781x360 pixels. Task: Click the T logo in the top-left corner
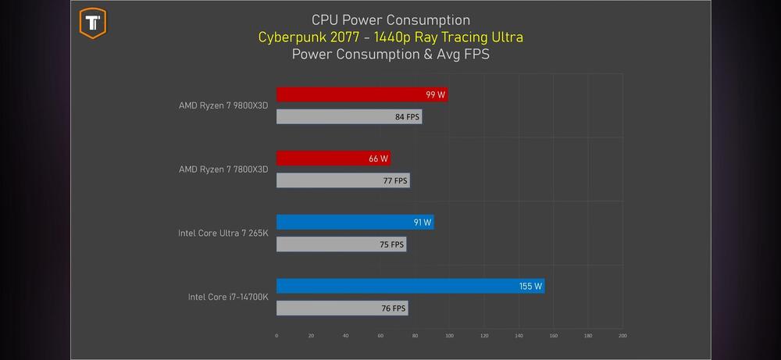click(x=93, y=23)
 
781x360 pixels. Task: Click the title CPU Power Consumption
click(x=390, y=20)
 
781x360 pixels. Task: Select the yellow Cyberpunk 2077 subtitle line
click(x=390, y=37)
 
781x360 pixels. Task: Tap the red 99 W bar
click(x=362, y=94)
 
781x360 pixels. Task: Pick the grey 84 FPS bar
click(x=348, y=117)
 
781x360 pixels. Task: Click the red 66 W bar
click(x=333, y=159)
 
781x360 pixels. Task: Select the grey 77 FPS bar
click(x=342, y=180)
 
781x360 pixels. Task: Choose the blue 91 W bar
click(x=355, y=223)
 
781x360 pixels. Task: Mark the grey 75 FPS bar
click(x=341, y=244)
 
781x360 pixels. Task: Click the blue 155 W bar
click(x=410, y=286)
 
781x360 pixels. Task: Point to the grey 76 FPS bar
click(x=341, y=308)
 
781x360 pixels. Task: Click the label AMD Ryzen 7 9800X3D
click(x=223, y=105)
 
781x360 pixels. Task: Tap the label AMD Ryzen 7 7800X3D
click(x=223, y=169)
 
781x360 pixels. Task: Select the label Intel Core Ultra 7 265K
click(x=224, y=233)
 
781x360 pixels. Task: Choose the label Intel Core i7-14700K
click(x=228, y=297)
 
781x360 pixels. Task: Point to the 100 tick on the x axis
click(x=449, y=336)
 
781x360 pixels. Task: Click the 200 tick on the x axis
click(x=622, y=336)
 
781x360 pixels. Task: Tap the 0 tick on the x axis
click(x=276, y=336)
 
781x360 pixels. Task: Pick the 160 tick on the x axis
click(x=553, y=336)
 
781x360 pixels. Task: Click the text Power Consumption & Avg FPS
click(x=390, y=55)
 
